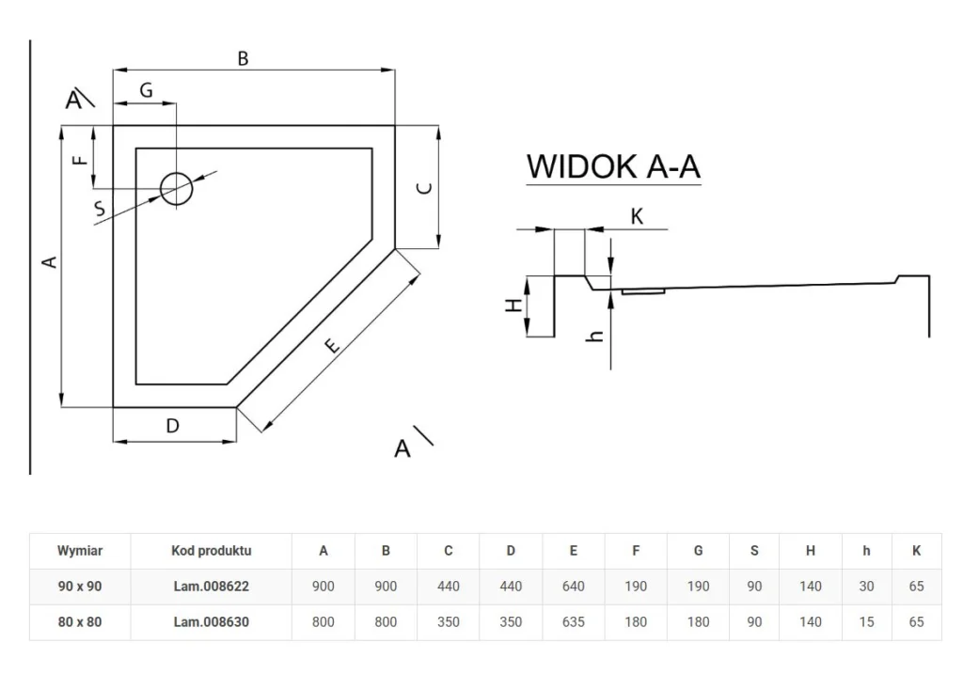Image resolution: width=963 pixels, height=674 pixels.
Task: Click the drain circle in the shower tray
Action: point(176,189)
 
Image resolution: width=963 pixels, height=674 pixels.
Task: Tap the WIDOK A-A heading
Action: point(613,166)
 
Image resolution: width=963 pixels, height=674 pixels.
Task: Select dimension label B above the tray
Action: point(243,58)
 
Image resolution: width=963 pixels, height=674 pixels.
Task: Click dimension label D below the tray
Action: point(173,426)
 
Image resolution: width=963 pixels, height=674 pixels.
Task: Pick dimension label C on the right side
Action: point(424,187)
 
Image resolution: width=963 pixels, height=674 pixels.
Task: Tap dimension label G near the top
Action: point(146,90)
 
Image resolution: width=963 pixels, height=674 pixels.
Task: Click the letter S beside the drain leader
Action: point(99,211)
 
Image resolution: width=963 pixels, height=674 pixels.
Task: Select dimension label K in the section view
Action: point(637,216)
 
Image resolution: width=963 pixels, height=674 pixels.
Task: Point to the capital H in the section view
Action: point(512,306)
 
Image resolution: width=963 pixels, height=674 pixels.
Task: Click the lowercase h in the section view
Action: point(594,333)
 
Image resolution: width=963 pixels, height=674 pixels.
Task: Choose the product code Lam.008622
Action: point(212,586)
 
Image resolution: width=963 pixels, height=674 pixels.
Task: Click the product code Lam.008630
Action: point(212,621)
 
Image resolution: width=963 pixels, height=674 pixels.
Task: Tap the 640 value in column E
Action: point(573,586)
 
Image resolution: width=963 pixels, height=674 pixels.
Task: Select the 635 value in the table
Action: point(573,621)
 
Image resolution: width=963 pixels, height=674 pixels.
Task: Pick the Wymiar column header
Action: point(80,551)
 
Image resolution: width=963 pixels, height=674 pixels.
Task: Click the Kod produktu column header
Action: point(212,551)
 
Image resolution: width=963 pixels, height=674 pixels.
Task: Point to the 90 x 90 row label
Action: point(80,586)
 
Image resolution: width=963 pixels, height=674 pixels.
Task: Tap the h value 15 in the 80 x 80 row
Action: point(866,621)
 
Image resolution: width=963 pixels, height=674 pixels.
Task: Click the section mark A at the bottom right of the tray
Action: point(403,448)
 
